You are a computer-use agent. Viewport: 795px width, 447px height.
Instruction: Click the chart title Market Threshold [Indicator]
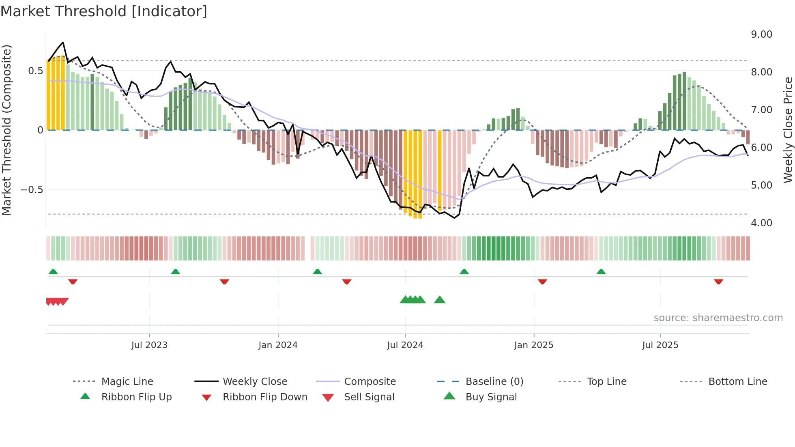pyautogui.click(x=104, y=11)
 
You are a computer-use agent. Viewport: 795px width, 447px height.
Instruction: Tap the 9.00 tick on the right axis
pyautogui.click(x=761, y=34)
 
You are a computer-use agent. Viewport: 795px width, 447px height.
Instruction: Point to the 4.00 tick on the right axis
pyautogui.click(x=761, y=223)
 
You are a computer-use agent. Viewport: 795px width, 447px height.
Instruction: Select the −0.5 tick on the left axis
pyautogui.click(x=32, y=190)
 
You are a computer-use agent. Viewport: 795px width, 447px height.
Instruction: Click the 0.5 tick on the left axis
pyautogui.click(x=35, y=71)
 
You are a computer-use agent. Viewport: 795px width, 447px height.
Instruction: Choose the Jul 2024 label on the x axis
pyautogui.click(x=405, y=345)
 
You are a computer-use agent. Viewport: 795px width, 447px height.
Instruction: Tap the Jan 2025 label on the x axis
pyautogui.click(x=533, y=345)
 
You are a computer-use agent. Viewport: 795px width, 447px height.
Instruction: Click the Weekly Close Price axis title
pyautogui.click(x=788, y=130)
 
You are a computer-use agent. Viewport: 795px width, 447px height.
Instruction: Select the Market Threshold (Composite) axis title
pyautogui.click(x=6, y=130)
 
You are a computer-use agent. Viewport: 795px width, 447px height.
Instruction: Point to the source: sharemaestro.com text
pyautogui.click(x=718, y=318)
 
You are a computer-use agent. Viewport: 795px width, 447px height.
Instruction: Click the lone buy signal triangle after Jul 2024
pyautogui.click(x=440, y=300)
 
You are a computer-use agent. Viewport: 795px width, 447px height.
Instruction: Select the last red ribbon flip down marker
pyautogui.click(x=718, y=282)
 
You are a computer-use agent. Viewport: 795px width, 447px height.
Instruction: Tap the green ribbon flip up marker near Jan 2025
pyautogui.click(x=464, y=272)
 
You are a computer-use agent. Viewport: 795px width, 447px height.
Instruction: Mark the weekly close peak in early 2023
pyautogui.click(x=63, y=42)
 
